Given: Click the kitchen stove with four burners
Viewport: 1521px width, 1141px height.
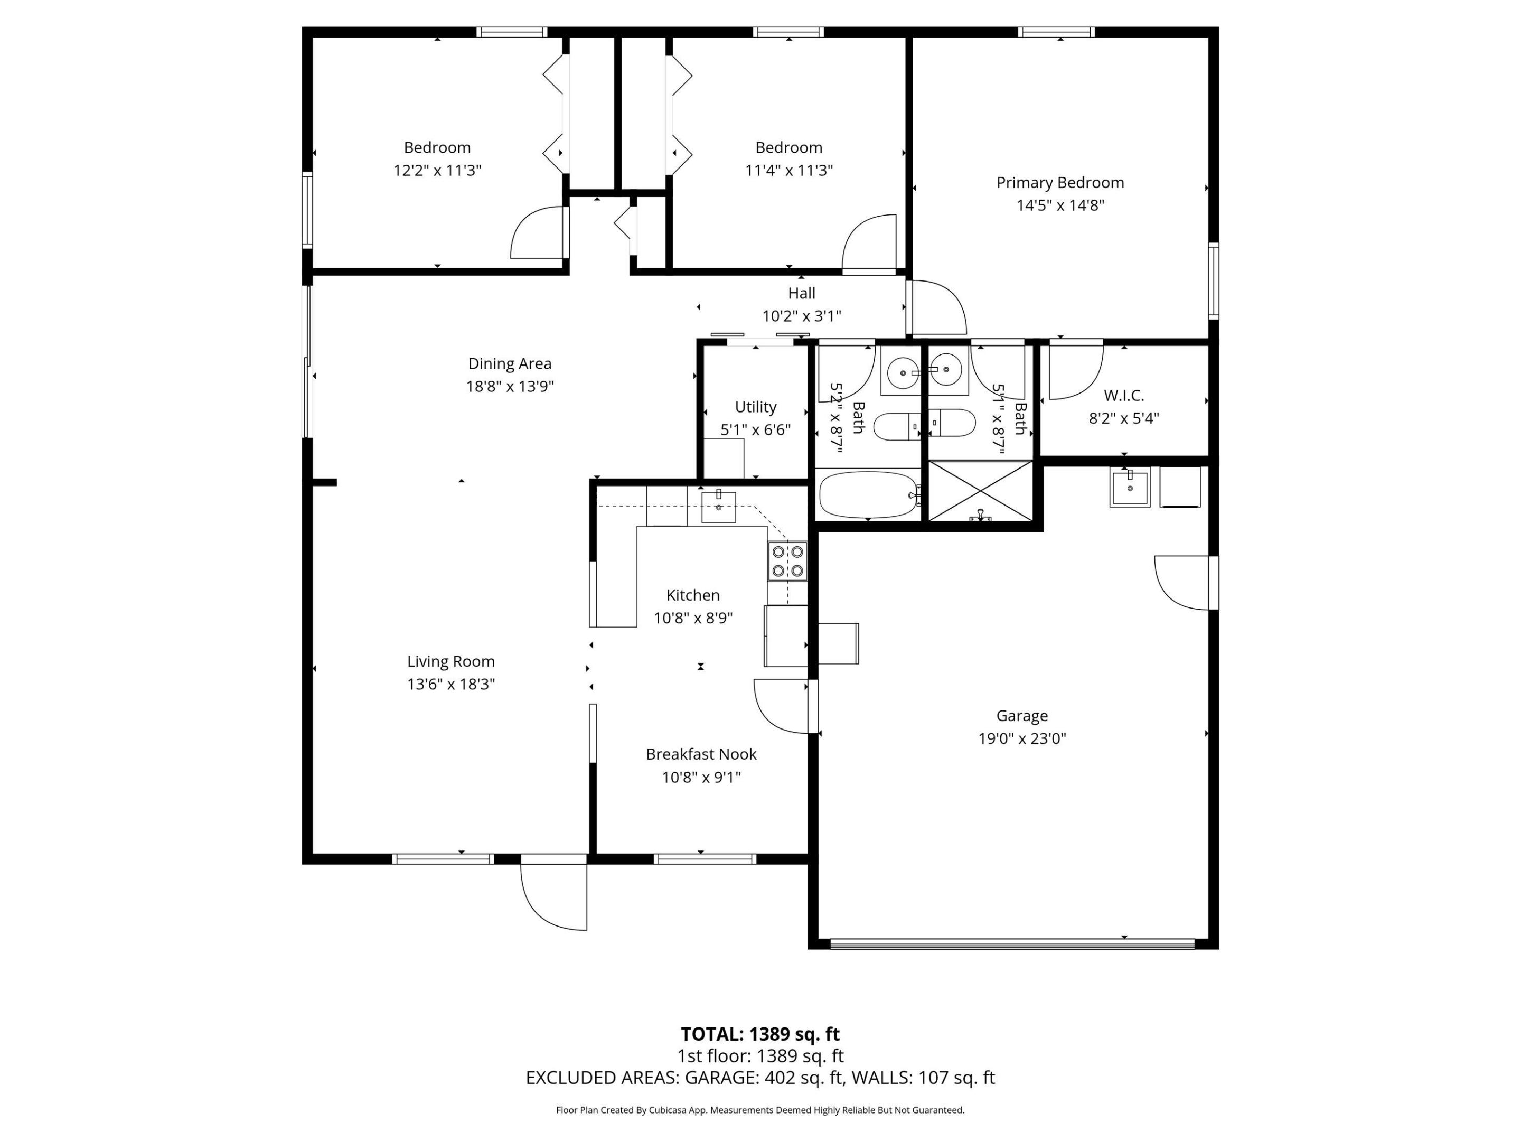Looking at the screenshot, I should (x=787, y=560).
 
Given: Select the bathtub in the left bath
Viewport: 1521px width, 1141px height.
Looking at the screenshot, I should (x=868, y=494).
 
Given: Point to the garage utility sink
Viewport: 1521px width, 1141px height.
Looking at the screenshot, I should (x=1129, y=487).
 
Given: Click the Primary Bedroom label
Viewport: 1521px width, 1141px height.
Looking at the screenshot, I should (x=1059, y=182).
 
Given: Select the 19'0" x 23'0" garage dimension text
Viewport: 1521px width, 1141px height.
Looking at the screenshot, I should (x=1022, y=738).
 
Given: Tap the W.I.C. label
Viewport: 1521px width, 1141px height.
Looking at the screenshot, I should (x=1123, y=396).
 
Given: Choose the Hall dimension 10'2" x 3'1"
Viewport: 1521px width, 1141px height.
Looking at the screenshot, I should (x=801, y=316).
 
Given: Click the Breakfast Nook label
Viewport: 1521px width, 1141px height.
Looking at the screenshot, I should (x=701, y=754).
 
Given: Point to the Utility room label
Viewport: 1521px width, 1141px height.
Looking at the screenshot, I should (x=755, y=406).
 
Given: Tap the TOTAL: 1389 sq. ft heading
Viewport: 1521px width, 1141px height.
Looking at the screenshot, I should (x=760, y=1034).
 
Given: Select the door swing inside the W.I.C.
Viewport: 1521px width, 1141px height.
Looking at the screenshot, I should (x=1074, y=371).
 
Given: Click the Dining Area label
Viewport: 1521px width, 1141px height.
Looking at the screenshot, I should (x=510, y=363).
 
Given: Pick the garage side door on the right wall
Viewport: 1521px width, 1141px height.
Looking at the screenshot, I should (x=1184, y=582).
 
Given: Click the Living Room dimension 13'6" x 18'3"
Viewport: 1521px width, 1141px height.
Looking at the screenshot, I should (x=450, y=684).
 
